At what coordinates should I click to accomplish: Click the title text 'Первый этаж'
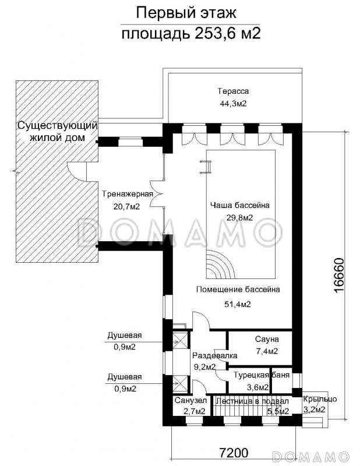[186, 13]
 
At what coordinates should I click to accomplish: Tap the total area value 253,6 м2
[228, 34]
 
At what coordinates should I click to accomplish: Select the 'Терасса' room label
[233, 91]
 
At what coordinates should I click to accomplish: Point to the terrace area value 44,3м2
[233, 104]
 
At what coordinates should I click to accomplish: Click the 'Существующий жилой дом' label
[57, 132]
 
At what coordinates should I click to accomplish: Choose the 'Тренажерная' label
[128, 194]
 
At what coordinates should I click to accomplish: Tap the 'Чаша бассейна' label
[240, 205]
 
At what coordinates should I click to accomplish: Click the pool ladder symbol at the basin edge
[206, 167]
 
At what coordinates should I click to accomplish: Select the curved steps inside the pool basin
[217, 264]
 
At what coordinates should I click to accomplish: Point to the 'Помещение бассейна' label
[238, 289]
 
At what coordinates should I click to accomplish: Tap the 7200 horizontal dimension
[234, 453]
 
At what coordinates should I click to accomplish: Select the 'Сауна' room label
[267, 339]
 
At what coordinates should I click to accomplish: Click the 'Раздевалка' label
[214, 355]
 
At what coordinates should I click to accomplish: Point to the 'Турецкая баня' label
[262, 375]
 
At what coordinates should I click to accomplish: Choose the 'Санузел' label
[190, 400]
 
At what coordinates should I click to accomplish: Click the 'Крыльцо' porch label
[320, 399]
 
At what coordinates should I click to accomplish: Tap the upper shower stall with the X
[180, 340]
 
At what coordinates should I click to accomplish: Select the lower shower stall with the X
[180, 384]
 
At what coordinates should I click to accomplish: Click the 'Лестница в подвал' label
[252, 401]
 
